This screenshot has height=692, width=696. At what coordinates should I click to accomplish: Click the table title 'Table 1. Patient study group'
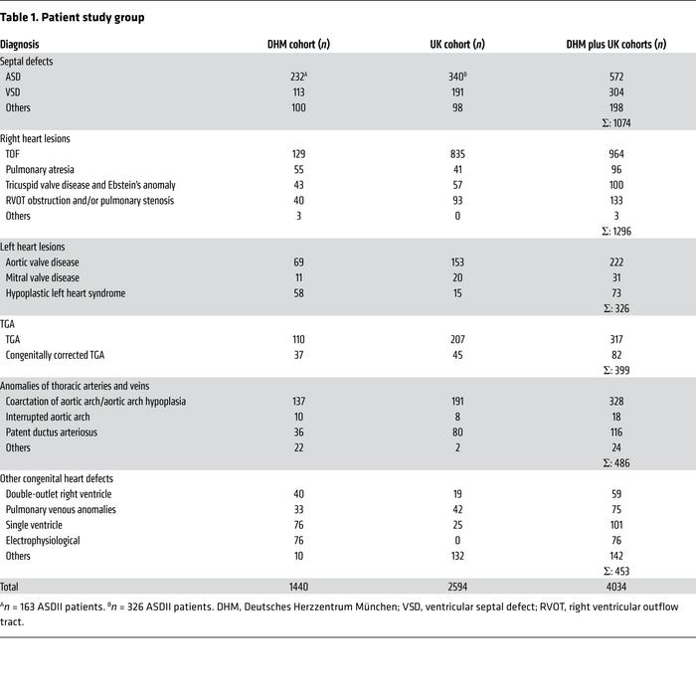click(73, 18)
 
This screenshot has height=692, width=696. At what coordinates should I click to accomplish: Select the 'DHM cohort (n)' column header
click(293, 44)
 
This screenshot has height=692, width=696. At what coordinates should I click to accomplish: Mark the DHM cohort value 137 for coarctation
click(293, 401)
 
